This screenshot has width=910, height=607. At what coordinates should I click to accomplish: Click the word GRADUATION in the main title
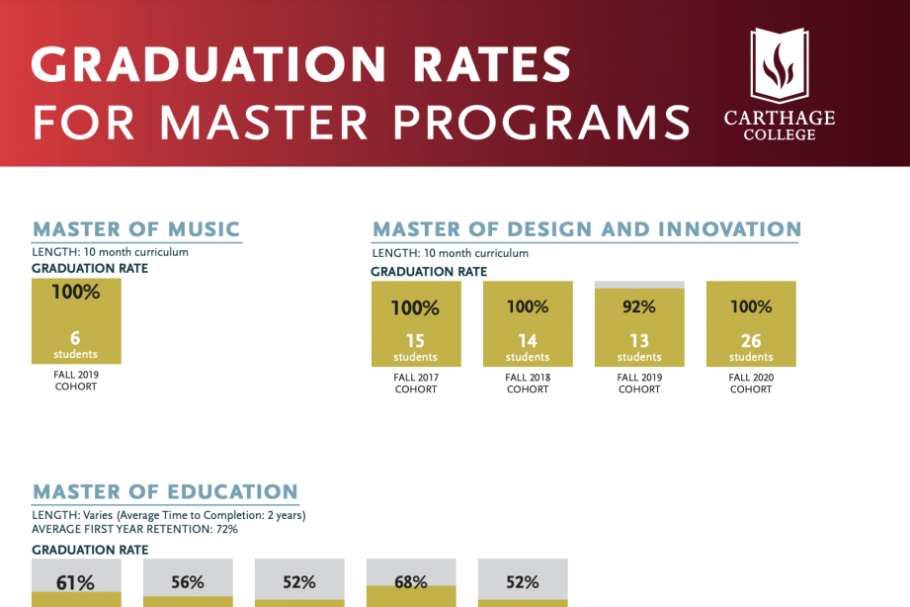point(208,65)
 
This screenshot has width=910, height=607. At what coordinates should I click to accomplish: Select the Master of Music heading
point(136,229)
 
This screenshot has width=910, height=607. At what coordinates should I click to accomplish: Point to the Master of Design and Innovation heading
point(587,229)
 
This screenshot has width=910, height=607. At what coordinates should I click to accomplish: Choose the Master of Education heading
point(165,491)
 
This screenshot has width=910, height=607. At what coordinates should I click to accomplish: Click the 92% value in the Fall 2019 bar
point(639,306)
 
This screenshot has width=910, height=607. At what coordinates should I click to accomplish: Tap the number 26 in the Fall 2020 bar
point(751,341)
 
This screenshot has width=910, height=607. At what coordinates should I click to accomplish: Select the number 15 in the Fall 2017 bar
point(415,341)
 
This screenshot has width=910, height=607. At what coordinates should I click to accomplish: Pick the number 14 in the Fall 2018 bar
point(528,341)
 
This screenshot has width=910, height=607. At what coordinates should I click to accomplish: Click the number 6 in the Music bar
point(75,338)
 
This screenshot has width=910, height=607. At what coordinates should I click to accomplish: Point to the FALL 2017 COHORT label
point(415,384)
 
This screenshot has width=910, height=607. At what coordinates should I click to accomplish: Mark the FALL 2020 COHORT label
point(751,384)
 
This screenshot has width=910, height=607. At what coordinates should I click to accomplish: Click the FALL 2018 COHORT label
point(528,384)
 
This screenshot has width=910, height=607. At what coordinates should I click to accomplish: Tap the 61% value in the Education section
point(75,583)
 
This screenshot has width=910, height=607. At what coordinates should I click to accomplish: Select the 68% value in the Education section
point(411,582)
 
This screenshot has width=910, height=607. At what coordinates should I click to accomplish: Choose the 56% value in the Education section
point(188,582)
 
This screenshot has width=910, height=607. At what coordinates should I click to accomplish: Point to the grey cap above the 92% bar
point(639,285)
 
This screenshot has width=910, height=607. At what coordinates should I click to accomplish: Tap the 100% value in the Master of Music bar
point(76,293)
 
